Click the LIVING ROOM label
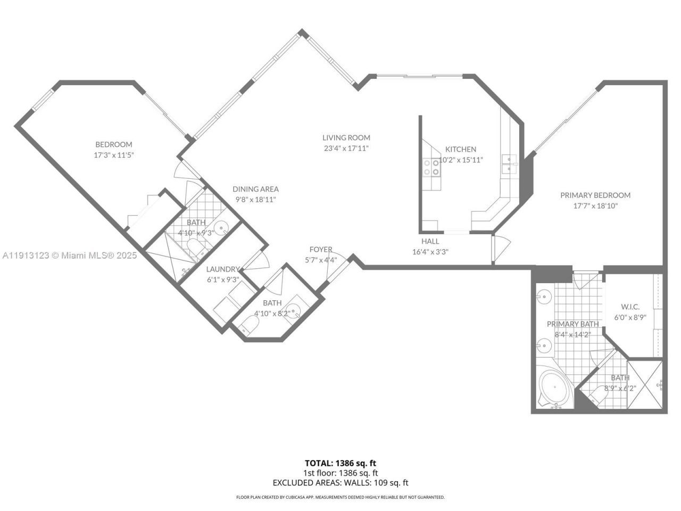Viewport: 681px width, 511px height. point(346,137)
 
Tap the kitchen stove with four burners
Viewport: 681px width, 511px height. point(431,167)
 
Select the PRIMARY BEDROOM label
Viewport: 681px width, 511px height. point(595,195)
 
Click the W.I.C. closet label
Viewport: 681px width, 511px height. point(630,307)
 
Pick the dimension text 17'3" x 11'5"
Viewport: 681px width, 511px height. point(113,155)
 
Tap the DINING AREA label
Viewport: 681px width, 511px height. point(255,189)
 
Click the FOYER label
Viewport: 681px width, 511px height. point(321,249)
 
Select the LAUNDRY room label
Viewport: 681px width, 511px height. point(222,269)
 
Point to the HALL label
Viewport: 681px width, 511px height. point(430,241)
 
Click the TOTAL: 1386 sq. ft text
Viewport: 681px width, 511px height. point(340,463)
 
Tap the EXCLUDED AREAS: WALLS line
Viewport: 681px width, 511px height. point(340,483)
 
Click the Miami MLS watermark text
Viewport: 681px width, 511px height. point(69,256)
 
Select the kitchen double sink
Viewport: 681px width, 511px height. point(509,164)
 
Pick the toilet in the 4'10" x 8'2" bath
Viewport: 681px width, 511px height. point(248,325)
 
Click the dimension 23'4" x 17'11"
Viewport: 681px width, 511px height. point(346,149)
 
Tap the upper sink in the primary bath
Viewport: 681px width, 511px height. point(544,297)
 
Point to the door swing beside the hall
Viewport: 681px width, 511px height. point(502,245)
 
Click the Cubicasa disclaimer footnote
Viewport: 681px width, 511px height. point(340,497)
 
